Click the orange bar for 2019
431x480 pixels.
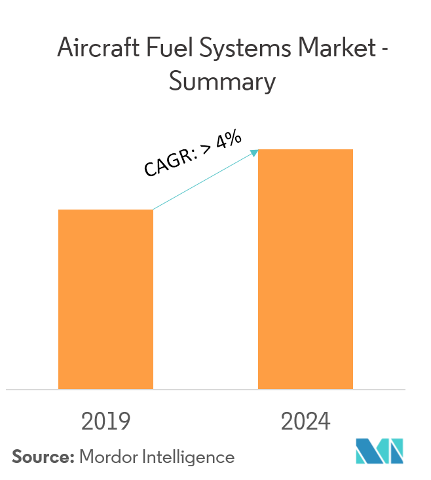[105, 299]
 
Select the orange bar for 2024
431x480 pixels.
[305, 269]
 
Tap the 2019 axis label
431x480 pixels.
[105, 422]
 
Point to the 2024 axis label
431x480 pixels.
[305, 422]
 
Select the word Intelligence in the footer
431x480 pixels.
[192, 457]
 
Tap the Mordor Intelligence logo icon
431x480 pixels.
[380, 452]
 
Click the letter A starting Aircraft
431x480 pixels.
[66, 49]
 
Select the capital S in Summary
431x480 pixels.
[176, 83]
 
